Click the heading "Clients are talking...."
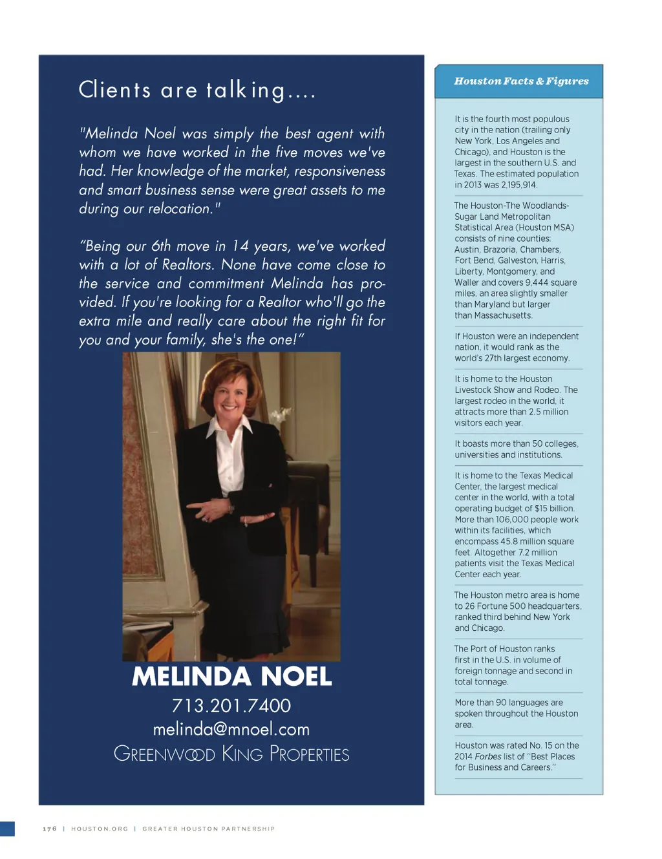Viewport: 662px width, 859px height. tap(197, 90)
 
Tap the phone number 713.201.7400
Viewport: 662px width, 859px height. tap(231, 705)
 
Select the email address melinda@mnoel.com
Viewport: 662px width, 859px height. tap(231, 729)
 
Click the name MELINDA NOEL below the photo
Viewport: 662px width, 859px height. tap(231, 677)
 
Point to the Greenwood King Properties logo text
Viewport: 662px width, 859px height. tap(231, 754)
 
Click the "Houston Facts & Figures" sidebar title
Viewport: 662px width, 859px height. tap(521, 81)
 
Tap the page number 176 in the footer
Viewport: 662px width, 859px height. tap(50, 829)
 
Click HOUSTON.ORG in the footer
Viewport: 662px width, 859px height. tap(100, 829)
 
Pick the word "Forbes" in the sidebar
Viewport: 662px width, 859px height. tap(488, 756)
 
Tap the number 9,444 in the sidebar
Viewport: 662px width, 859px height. tap(537, 282)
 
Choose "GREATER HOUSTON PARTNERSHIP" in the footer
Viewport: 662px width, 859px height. tap(208, 829)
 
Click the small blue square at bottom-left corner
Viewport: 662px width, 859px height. tap(7, 829)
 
